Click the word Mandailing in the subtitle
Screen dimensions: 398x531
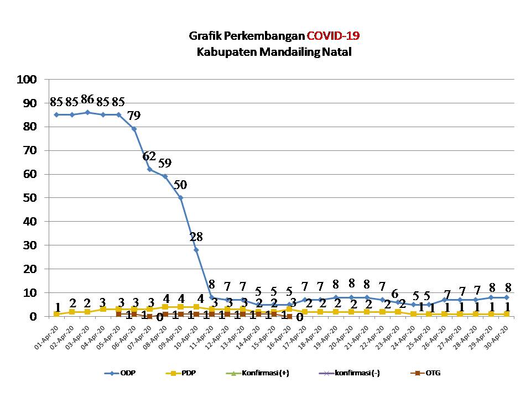point(275,53)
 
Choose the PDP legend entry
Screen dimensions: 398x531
point(183,373)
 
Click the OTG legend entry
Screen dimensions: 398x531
point(426,373)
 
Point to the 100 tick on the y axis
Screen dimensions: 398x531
point(27,80)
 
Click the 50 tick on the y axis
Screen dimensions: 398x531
point(30,198)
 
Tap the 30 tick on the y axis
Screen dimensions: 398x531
point(30,245)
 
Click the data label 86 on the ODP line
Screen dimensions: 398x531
point(87,100)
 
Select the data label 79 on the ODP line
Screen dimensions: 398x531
point(134,116)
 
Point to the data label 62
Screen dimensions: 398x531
point(149,156)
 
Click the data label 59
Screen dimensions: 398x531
point(165,164)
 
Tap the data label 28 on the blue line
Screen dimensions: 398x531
point(196,237)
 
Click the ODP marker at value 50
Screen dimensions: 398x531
point(180,198)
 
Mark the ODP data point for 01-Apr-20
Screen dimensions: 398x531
point(56,115)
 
